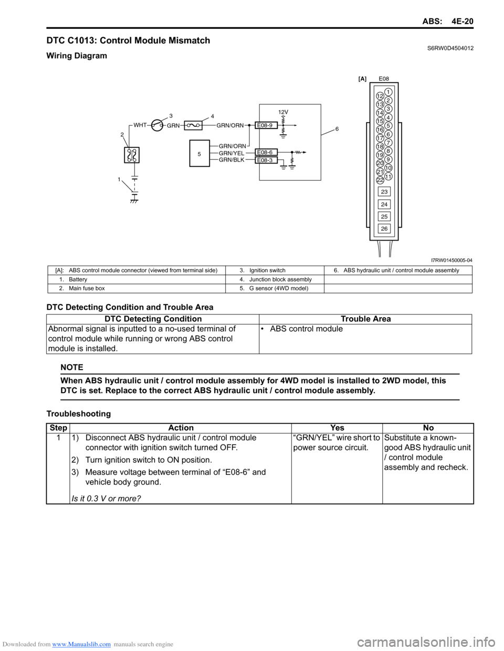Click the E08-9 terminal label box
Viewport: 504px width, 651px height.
pos(266,125)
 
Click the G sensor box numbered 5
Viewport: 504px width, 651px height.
pos(199,154)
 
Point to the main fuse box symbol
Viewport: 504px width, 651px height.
pos(132,155)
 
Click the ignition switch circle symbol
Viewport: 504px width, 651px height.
pos(156,125)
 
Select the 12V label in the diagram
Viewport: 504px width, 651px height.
pos(283,112)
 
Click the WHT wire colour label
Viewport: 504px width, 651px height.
pos(140,125)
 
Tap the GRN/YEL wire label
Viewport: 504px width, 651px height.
pos(232,153)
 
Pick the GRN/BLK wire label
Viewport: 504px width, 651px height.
pos(232,160)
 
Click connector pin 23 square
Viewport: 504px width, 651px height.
pos(384,192)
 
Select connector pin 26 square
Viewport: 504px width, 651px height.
pos(384,229)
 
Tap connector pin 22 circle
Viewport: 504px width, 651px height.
pos(380,180)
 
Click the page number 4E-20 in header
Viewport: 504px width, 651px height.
pos(463,21)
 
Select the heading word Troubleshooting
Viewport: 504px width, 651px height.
pos(79,414)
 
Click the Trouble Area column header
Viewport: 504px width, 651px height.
pos(365,319)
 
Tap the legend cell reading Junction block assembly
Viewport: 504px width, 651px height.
pos(280,279)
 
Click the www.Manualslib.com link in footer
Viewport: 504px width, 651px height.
pos(81,644)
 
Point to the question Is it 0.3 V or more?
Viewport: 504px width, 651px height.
pos(106,498)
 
